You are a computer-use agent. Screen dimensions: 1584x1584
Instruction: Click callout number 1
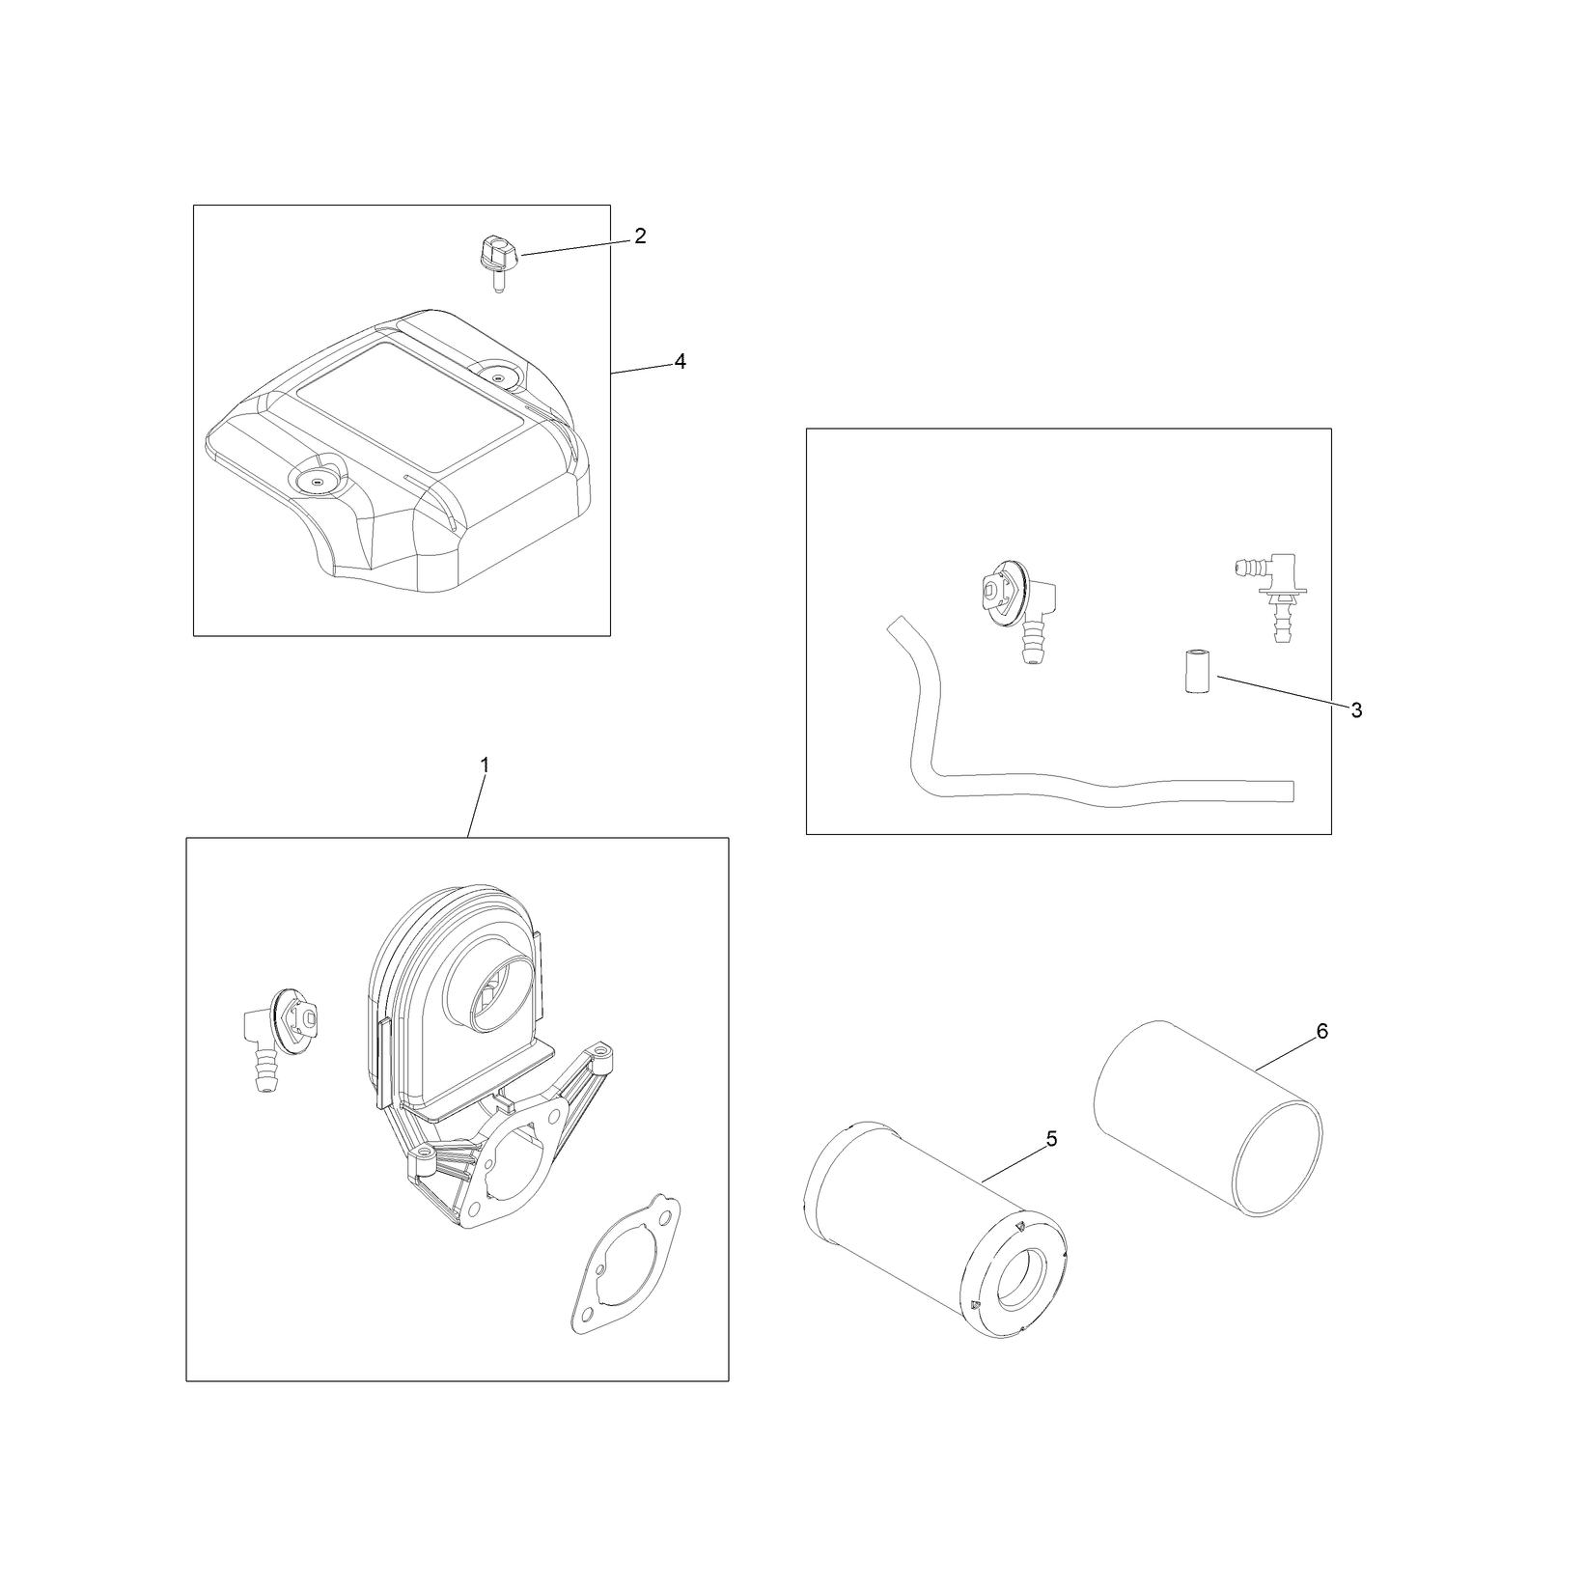pos(485,764)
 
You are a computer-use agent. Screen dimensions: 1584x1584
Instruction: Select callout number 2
pos(640,236)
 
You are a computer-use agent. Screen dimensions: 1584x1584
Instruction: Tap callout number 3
pos(1356,710)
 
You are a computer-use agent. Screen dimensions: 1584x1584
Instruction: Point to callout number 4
pos(680,361)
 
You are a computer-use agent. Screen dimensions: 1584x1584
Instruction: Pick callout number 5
pos(1051,1139)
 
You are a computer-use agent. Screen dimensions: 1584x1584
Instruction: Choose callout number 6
pos(1321,1031)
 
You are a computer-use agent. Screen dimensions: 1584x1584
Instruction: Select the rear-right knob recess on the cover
pos(496,374)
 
